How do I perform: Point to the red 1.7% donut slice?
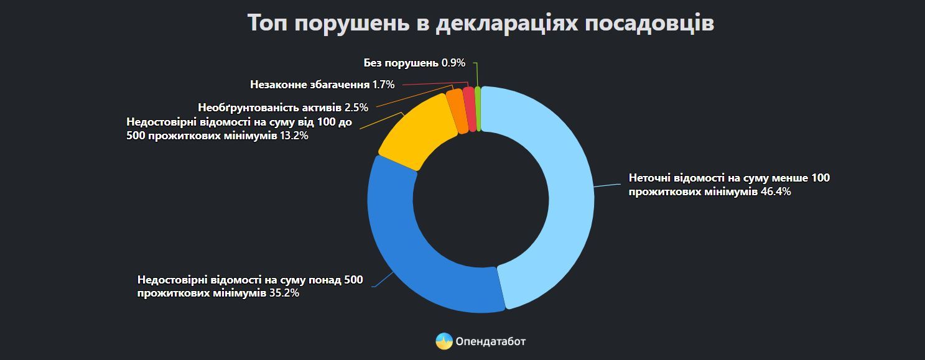[470, 109]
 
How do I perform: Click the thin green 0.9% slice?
[478, 108]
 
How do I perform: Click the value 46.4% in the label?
[776, 192]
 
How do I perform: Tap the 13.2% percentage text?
[294, 136]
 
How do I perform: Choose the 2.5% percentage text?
[356, 108]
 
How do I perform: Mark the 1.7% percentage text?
[383, 85]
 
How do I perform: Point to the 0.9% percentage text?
[453, 63]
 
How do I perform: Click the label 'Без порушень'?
[401, 63]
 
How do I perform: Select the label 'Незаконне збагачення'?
[310, 85]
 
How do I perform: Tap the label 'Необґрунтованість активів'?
[269, 108]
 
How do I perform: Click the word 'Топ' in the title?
[267, 23]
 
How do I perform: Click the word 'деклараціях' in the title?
[506, 23]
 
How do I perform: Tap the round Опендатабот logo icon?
[444, 341]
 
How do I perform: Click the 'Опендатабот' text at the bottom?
[490, 341]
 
